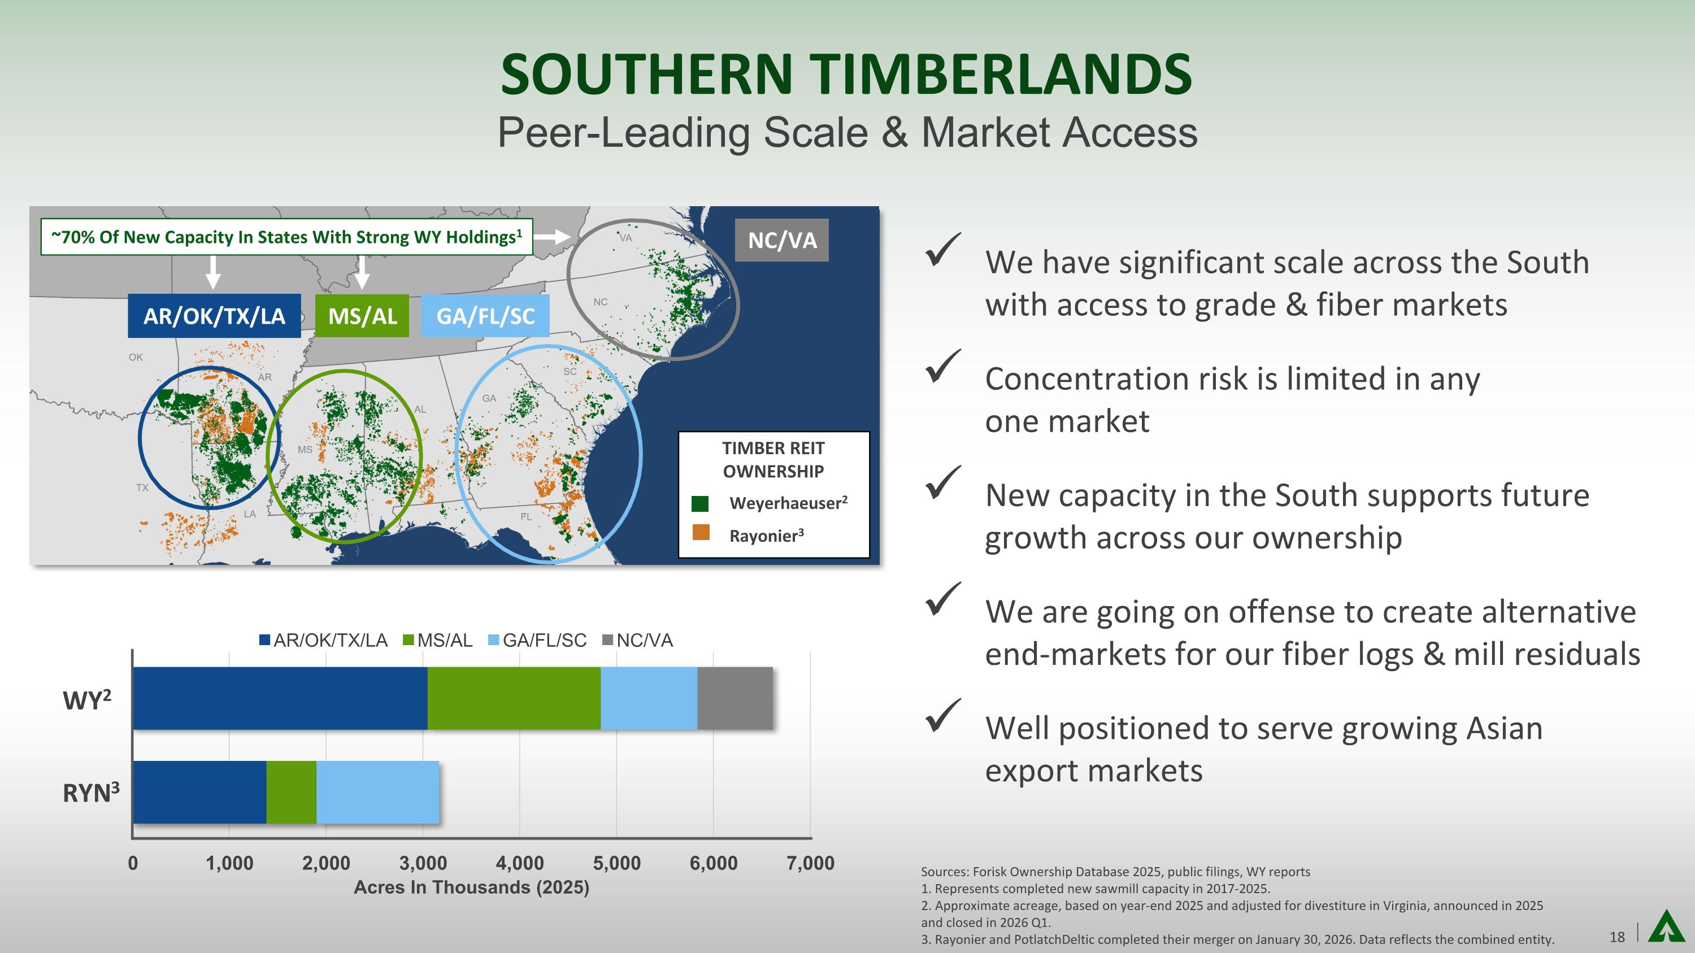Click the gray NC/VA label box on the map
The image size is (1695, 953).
click(x=782, y=240)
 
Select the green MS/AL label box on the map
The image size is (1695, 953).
click(x=362, y=316)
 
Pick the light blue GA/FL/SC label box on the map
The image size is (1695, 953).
click(x=485, y=316)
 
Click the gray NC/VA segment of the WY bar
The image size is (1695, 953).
click(x=735, y=698)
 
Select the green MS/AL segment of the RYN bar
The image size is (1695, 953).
click(x=291, y=792)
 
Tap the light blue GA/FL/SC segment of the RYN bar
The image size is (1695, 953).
click(x=377, y=792)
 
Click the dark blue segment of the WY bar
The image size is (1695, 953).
click(x=280, y=698)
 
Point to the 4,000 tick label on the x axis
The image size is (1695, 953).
click(x=520, y=863)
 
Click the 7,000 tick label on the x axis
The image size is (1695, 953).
click(x=811, y=863)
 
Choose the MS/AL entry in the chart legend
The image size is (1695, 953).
click(x=437, y=640)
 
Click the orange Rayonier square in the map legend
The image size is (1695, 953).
click(x=701, y=532)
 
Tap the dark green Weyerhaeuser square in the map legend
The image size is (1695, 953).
click(x=700, y=504)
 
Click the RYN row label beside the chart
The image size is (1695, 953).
click(x=91, y=793)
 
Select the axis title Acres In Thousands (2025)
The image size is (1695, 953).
click(x=472, y=887)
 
